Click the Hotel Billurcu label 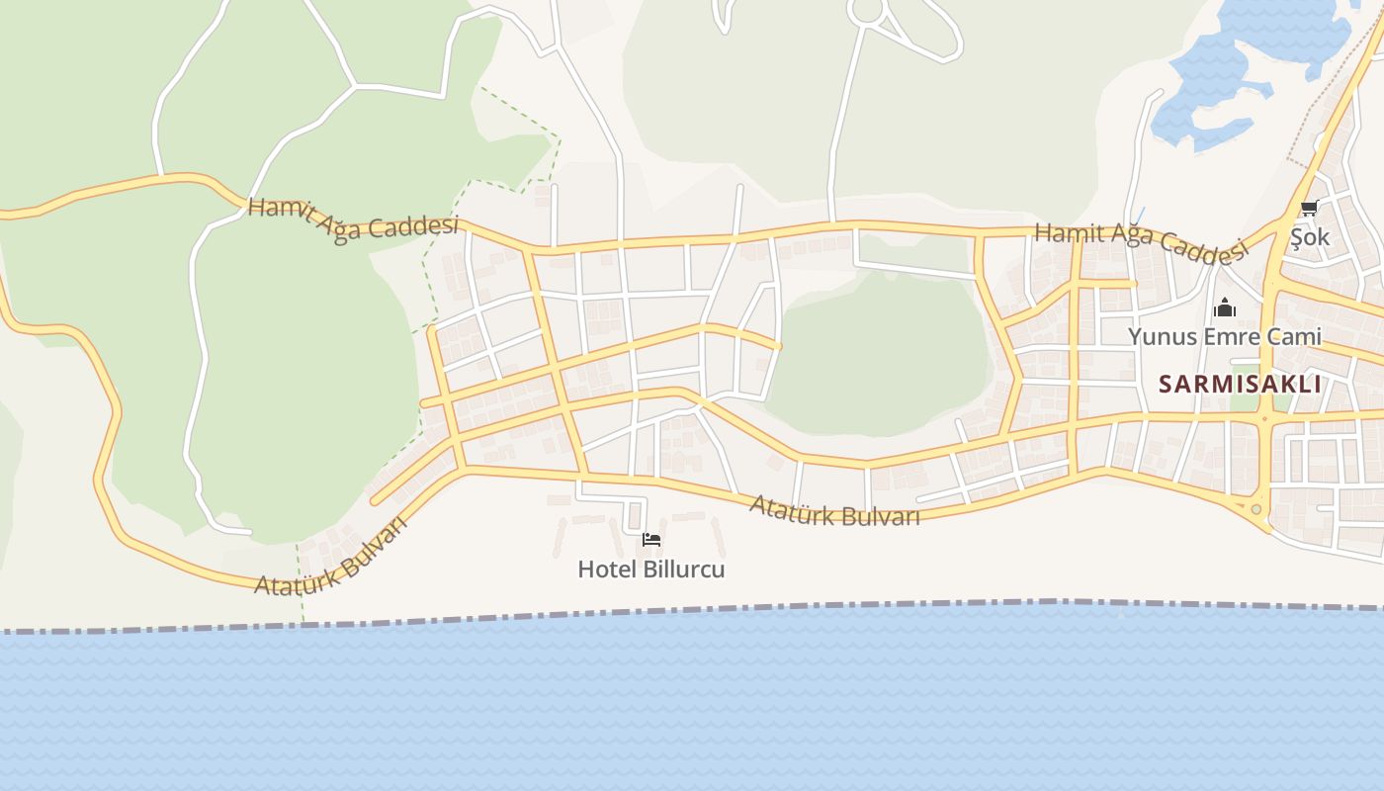pos(650,570)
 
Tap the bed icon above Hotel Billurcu pos(651,540)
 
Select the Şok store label pos(1310,237)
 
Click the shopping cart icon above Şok pos(1310,209)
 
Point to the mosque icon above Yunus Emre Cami pos(1225,308)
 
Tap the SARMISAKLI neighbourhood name pos(1240,384)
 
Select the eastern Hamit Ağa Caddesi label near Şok pos(1141,241)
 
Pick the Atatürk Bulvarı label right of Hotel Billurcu pos(834,510)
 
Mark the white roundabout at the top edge pos(867,11)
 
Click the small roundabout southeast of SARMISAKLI pos(1256,509)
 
